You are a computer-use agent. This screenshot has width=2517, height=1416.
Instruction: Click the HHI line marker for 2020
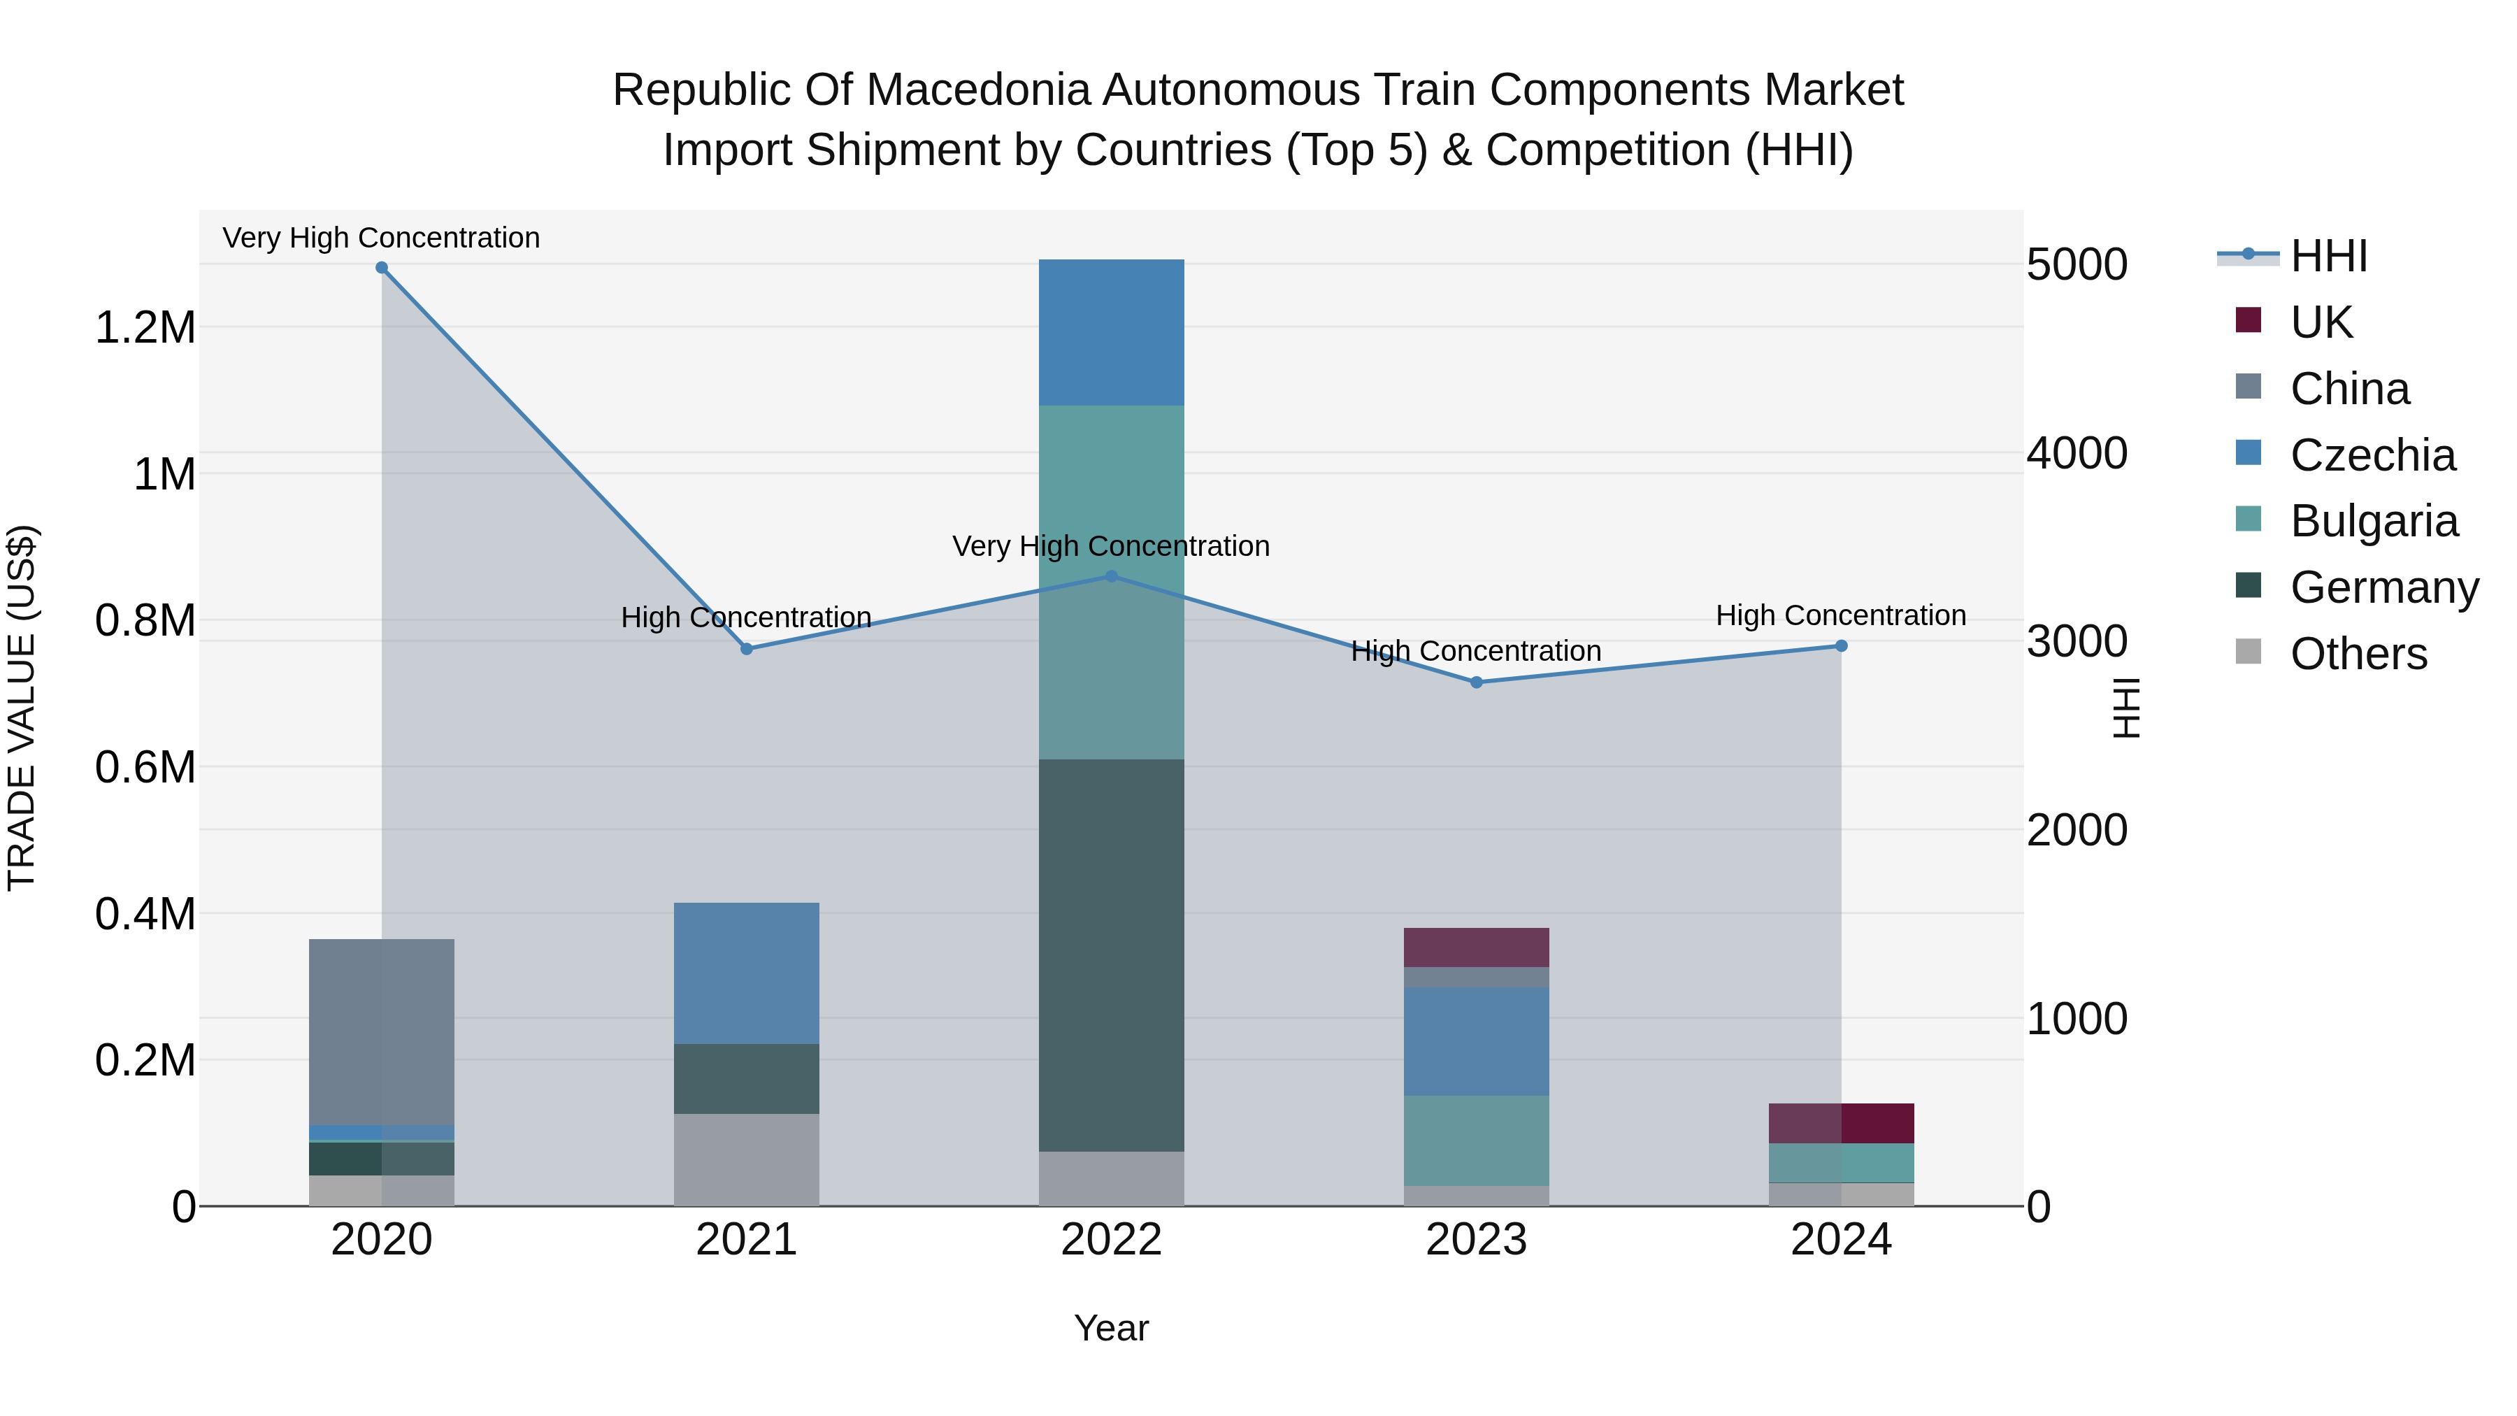click(382, 268)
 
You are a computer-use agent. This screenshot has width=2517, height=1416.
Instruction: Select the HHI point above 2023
click(1477, 682)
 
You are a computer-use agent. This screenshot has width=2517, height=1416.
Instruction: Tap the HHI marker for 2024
click(1841, 646)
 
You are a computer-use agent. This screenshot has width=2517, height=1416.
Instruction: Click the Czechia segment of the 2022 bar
click(1111, 332)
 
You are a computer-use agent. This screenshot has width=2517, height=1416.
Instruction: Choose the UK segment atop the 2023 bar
click(1477, 947)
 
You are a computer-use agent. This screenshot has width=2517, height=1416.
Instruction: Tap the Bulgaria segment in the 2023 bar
click(1477, 1140)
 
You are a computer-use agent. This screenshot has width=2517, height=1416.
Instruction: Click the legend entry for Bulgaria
click(2374, 521)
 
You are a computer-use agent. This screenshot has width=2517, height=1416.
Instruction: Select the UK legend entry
click(2321, 322)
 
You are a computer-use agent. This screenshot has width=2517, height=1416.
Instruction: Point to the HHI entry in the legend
click(2328, 256)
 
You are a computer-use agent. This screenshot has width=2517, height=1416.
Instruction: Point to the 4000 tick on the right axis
click(2077, 453)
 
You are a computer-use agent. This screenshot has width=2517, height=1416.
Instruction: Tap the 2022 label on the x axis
click(1111, 1240)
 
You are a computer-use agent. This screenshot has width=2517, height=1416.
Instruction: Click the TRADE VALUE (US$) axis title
click(22, 708)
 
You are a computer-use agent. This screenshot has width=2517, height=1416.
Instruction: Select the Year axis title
click(1111, 1328)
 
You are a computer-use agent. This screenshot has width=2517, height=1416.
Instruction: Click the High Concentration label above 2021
click(747, 617)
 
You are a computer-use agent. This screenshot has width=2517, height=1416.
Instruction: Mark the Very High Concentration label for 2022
click(1111, 546)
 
